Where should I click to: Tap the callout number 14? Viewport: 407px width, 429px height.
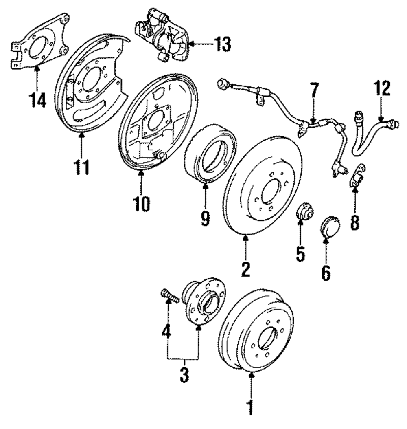(37, 99)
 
